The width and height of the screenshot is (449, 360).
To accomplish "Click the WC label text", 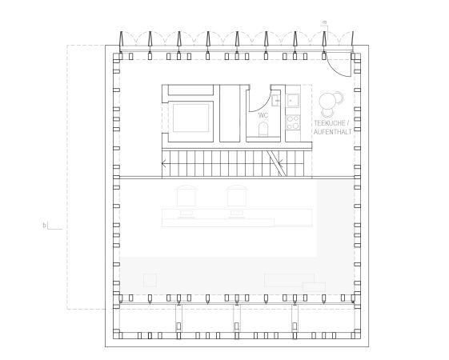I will pyautogui.click(x=263, y=116).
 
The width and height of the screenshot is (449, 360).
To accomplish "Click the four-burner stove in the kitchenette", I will pyautogui.click(x=292, y=123).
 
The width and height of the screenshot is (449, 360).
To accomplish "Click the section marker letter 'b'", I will pyautogui.click(x=44, y=226).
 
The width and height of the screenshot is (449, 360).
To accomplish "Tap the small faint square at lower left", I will pyautogui.click(x=149, y=279).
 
